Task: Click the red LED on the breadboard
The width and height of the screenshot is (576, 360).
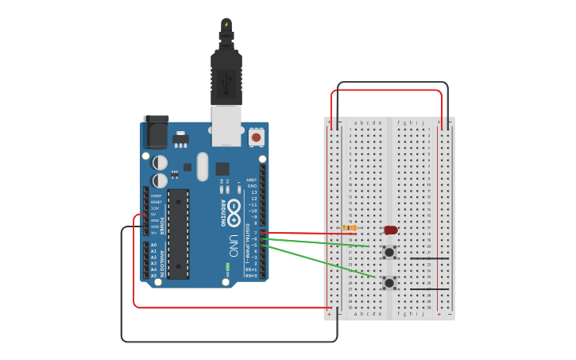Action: pyautogui.click(x=391, y=230)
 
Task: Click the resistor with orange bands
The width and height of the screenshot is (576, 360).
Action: pyautogui.click(x=349, y=228)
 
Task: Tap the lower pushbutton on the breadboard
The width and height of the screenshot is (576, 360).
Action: pyautogui.click(x=389, y=282)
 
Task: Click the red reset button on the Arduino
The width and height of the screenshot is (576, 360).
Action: pyautogui.click(x=256, y=137)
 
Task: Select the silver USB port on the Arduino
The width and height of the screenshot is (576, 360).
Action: pyautogui.click(x=226, y=132)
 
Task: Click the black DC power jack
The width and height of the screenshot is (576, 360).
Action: pyautogui.click(x=156, y=131)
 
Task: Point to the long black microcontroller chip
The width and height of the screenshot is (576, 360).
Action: pyautogui.click(x=178, y=234)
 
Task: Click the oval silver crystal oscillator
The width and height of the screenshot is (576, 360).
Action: pyautogui.click(x=202, y=166)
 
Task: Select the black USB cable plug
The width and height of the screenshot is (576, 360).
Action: pyautogui.click(x=226, y=76)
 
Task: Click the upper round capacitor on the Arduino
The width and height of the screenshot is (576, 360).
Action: pyautogui.click(x=160, y=162)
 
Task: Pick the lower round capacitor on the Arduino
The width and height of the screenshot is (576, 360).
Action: pyautogui.click(x=160, y=180)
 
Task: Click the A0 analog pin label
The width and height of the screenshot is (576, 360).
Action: pyautogui.click(x=154, y=245)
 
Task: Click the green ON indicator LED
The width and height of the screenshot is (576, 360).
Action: pyautogui.click(x=227, y=266)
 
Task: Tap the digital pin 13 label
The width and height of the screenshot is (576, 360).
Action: pyautogui.click(x=253, y=192)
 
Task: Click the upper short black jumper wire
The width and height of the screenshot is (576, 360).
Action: pyautogui.click(x=429, y=258)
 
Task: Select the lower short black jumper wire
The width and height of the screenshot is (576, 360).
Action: pyautogui.click(x=429, y=288)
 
